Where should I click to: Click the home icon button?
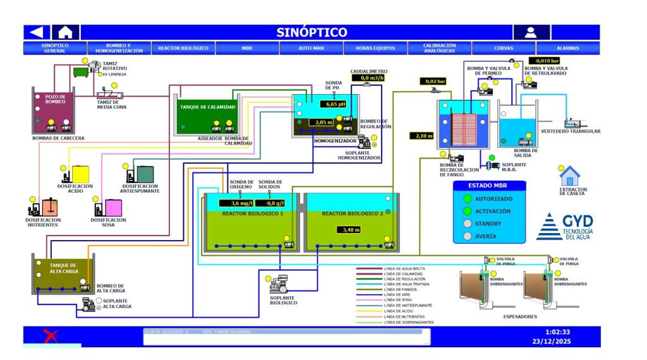click(65, 32)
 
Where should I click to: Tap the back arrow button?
click(37, 32)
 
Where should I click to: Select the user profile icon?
click(531, 32)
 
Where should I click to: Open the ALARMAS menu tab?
click(567, 48)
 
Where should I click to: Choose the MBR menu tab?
click(247, 48)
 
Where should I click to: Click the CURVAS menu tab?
click(504, 48)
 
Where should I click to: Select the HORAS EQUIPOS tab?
click(375, 48)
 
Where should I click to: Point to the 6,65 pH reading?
click(333, 104)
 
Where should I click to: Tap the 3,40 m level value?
click(349, 230)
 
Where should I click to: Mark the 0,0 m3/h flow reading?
click(363, 78)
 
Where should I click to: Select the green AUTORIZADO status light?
click(468, 199)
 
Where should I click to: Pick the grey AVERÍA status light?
click(468, 236)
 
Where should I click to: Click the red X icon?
click(50, 336)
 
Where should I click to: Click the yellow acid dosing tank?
click(81, 174)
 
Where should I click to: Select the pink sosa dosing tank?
click(114, 208)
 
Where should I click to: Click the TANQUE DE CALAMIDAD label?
click(209, 107)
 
